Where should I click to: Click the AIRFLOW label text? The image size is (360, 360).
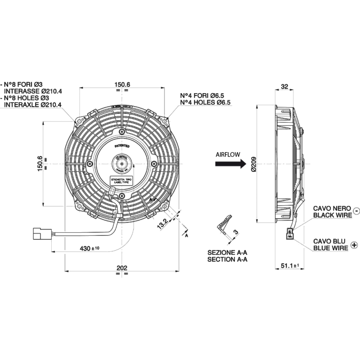click(x=228, y=154)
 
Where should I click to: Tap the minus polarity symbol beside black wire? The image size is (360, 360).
click(x=356, y=210)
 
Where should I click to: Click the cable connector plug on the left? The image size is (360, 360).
click(x=40, y=234)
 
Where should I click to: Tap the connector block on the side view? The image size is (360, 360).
click(x=289, y=233)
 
